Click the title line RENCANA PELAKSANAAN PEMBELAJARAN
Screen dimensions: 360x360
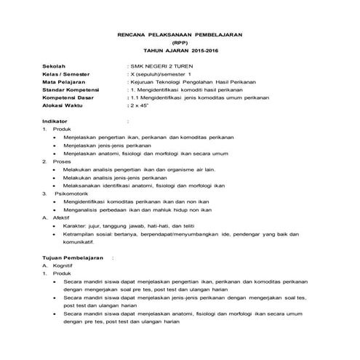[x=180, y=35]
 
